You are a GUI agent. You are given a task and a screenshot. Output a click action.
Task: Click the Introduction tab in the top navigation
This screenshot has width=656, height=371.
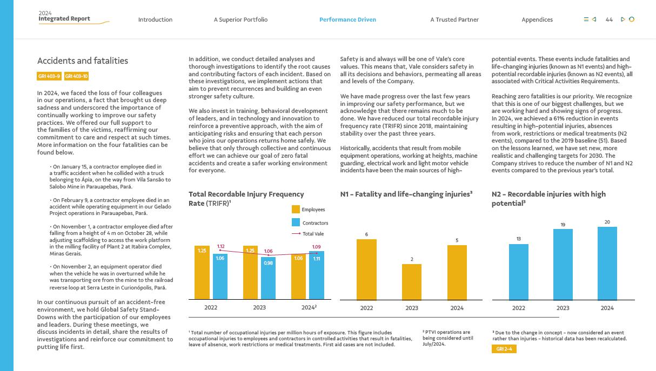coord(155,19)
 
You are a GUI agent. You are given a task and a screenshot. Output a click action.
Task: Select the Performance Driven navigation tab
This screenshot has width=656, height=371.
coord(347,19)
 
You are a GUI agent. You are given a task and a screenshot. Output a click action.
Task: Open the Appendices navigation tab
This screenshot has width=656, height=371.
coord(537,19)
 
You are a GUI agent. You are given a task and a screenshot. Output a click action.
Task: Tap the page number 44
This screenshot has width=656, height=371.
coord(609,19)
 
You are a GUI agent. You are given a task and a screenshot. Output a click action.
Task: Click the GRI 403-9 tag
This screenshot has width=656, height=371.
coord(49,77)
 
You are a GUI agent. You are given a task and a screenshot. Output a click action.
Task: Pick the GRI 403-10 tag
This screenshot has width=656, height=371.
coord(77,77)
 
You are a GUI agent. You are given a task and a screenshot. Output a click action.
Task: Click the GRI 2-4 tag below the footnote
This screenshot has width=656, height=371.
coord(504,349)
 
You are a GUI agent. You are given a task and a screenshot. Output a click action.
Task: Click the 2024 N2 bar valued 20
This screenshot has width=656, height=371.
coord(607,263)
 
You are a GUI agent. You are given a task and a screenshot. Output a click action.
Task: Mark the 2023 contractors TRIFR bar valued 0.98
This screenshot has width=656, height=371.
coord(268,278)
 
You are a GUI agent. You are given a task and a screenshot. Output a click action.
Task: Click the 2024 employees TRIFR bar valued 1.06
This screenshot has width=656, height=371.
coord(298,276)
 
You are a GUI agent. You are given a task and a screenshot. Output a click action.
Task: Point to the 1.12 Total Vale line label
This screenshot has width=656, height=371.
coord(220,246)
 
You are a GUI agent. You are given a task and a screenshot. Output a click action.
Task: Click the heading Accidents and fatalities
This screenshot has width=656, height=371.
coord(83,60)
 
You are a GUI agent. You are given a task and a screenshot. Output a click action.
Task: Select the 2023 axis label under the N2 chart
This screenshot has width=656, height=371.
coord(563,308)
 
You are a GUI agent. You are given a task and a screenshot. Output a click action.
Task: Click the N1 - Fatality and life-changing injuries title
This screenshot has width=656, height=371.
coord(406,194)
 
